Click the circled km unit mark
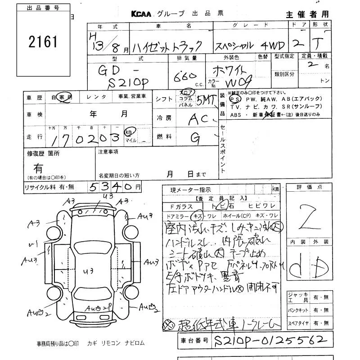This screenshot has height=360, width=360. (129, 131)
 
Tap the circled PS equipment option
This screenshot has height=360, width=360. (234, 99)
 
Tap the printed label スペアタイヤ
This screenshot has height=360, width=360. (298, 323)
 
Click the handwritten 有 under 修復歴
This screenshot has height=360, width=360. (39, 169)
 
